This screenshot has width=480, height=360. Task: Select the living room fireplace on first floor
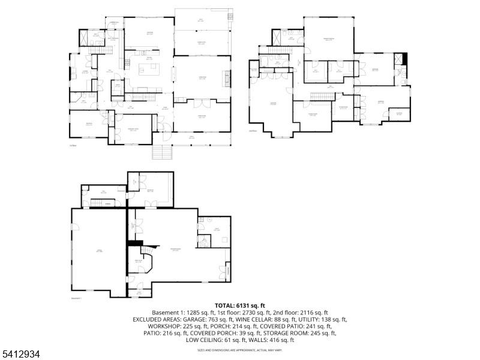click(x=227, y=76)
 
